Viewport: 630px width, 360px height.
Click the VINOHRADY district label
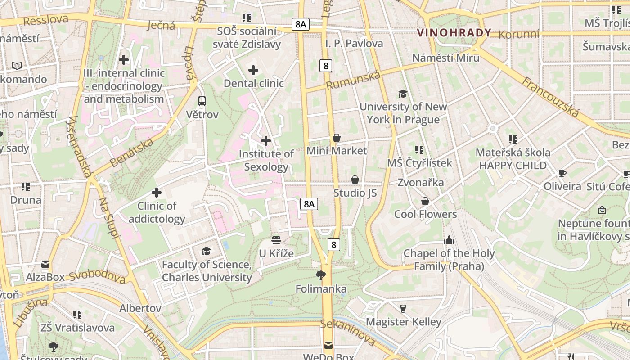tap(454, 33)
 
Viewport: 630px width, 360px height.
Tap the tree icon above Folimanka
tap(320, 275)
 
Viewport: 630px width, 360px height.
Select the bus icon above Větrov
tap(202, 101)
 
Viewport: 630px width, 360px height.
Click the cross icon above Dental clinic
tap(253, 70)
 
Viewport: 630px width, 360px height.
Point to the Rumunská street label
tap(353, 81)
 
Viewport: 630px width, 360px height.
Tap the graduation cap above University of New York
tap(403, 94)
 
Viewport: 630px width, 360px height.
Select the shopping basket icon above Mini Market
tap(337, 138)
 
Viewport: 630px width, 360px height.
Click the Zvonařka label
tap(420, 182)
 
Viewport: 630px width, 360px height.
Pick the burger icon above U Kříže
tap(276, 240)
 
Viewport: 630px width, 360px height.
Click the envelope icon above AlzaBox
tap(45, 264)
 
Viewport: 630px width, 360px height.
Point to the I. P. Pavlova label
tap(354, 44)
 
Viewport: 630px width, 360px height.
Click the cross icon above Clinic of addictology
tap(156, 193)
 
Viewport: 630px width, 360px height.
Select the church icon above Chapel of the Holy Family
tap(449, 240)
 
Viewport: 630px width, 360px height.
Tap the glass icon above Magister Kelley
tap(403, 308)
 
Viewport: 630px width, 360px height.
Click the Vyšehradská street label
tap(79, 146)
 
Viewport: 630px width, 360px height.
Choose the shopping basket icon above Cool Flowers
tap(425, 201)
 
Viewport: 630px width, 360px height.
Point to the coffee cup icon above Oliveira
tap(562, 173)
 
